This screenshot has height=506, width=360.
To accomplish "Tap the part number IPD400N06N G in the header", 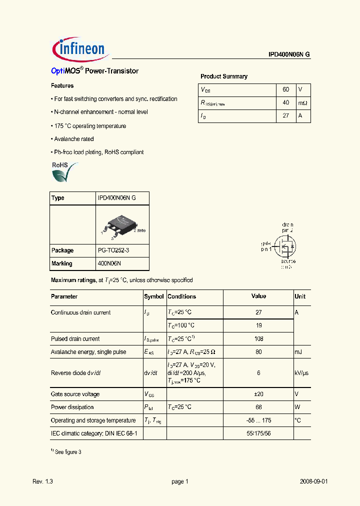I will [x=288, y=55].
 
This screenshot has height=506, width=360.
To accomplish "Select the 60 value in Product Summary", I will [x=286, y=89].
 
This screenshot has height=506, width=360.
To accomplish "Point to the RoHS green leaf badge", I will [x=64, y=171].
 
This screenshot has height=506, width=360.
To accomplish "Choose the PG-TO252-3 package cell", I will [x=116, y=250].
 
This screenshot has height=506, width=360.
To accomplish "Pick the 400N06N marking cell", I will [x=109, y=263].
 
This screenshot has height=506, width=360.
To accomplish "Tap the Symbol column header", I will [x=154, y=296].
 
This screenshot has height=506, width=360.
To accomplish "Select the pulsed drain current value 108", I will [x=258, y=339].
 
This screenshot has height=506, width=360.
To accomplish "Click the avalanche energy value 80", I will [x=258, y=352].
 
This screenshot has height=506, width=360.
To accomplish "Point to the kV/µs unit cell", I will [x=301, y=373].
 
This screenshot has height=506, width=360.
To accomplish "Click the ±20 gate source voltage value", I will [x=258, y=394].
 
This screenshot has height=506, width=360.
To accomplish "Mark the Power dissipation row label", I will [x=72, y=407].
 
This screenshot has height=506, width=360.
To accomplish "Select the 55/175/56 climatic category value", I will [x=258, y=433].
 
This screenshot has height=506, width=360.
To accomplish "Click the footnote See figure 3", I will [x=67, y=452].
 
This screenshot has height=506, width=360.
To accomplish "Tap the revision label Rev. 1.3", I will [x=42, y=481].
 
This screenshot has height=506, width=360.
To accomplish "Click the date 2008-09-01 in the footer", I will [x=314, y=481].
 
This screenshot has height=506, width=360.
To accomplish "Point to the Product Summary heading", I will [x=224, y=76].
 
